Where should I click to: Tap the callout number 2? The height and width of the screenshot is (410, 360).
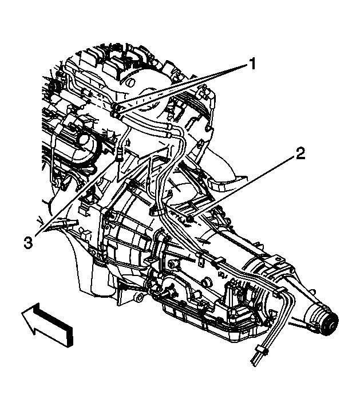(x=300, y=153)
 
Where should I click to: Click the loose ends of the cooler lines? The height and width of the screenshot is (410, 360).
(x=255, y=359)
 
